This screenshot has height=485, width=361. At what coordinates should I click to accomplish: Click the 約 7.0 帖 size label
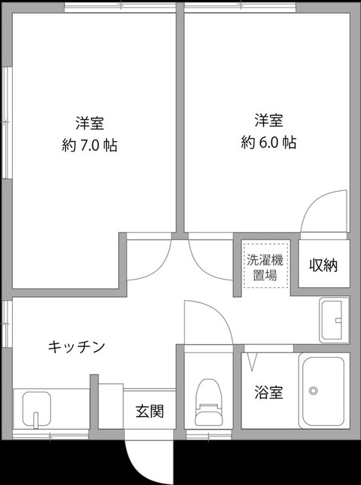coord(89,145)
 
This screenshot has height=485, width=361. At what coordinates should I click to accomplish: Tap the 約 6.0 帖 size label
coord(269,142)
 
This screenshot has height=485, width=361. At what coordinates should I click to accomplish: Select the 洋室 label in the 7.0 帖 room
coord(89,122)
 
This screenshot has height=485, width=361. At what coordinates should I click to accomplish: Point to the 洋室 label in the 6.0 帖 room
coord(269,119)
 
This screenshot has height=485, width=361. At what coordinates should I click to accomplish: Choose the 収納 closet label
coord(323,265)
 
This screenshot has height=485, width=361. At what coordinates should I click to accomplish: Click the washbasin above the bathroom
coord(333,319)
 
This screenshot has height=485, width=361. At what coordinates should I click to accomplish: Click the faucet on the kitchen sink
coord(36,419)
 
